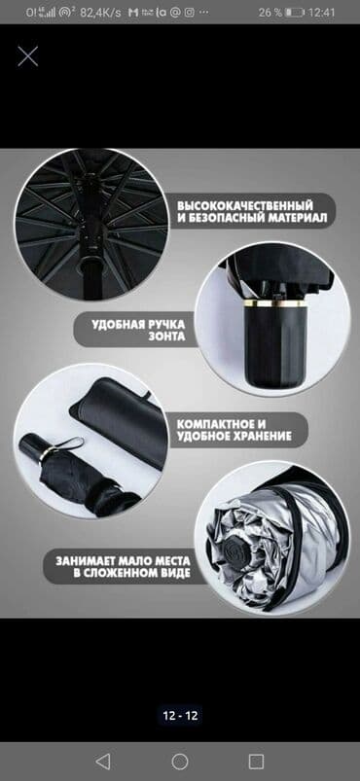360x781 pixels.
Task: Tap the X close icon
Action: tap(28, 55)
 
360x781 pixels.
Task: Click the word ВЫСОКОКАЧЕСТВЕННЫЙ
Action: tap(245, 206)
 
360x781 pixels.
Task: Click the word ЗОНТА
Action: tap(167, 337)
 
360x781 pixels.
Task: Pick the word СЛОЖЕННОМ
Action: tap(122, 573)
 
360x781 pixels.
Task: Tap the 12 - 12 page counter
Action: tap(180, 716)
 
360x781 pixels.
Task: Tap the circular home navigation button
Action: tap(179, 762)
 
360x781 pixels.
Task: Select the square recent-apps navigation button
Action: tap(256, 762)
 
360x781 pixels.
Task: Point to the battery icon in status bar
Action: tap(295, 13)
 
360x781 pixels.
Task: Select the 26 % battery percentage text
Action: tap(270, 13)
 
